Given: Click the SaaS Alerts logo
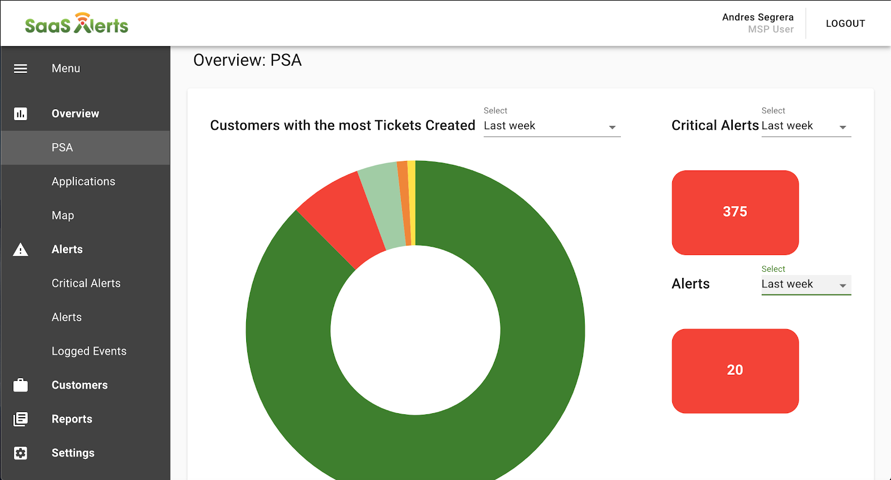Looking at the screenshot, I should [76, 24].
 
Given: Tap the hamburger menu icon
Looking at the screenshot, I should [21, 68].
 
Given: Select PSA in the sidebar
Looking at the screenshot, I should [62, 148].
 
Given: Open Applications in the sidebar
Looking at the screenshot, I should [84, 182].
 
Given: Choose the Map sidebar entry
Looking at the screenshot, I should [63, 215].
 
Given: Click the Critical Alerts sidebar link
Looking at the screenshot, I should [86, 283].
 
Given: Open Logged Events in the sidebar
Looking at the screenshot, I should [89, 351].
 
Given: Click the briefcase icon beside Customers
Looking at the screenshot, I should [21, 385].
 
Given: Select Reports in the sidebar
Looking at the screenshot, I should [72, 419].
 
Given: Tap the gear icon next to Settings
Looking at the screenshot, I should [21, 453].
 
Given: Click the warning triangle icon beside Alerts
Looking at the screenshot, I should [21, 250].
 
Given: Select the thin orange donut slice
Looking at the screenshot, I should [405, 203].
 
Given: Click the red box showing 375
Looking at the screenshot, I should [735, 212].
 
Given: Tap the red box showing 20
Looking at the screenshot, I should [735, 371].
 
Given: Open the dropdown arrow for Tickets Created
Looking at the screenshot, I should [612, 127].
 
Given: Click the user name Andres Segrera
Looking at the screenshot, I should [757, 17].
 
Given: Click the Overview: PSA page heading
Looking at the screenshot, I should [247, 60].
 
